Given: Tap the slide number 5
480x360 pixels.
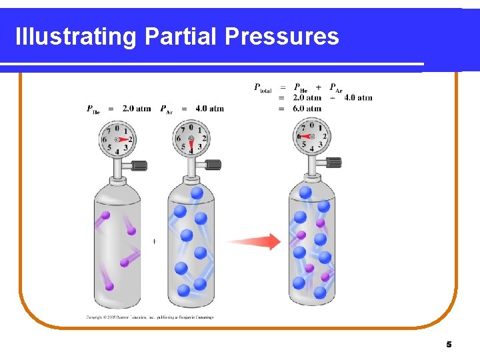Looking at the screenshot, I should coord(449,345).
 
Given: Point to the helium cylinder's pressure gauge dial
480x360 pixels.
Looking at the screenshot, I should coord(117,139).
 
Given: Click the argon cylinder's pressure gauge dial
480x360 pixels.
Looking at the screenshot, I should coord(191,139).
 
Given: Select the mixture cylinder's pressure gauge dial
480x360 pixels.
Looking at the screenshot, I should coord(312,138).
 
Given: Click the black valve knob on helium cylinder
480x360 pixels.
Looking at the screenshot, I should coord(139,165).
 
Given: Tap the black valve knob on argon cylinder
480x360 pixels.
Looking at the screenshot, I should coord(213,165).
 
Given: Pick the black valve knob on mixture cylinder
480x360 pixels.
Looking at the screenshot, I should coord(334,162).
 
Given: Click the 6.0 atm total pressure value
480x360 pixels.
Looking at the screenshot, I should coord(307,108).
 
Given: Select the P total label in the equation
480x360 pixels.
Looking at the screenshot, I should coord(263,87).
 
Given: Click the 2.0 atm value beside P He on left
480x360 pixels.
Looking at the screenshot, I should coord(137,109).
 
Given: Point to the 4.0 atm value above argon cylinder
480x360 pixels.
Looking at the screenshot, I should coord(210,109).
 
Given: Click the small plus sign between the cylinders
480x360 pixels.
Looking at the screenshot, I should coord(155,241).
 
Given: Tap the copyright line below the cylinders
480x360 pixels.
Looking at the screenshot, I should coord(150,317).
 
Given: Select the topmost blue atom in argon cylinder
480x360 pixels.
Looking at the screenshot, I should coord(197,193).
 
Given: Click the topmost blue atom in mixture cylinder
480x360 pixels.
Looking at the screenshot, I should coord(305,193).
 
